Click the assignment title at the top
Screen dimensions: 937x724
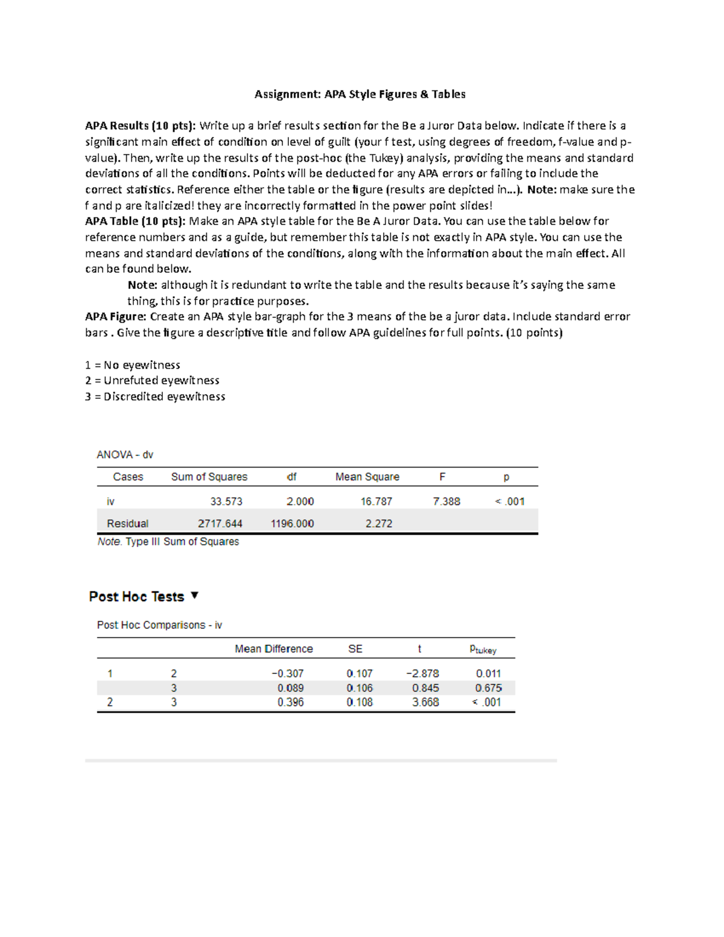coord(360,94)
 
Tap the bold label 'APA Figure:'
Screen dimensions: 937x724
coord(116,317)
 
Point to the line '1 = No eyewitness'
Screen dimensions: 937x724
coord(133,365)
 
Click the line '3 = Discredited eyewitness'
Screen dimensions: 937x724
coord(155,396)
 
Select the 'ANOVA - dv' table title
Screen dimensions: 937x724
coord(125,455)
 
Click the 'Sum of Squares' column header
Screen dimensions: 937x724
coord(209,477)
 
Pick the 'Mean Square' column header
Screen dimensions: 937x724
coord(367,477)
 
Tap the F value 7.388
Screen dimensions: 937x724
coord(446,501)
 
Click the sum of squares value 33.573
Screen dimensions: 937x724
coord(226,501)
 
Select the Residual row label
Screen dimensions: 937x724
coord(127,524)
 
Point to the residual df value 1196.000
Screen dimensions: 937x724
coord(292,524)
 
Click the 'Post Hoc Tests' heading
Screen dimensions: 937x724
coord(136,597)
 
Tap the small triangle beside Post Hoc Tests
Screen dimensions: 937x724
coord(194,596)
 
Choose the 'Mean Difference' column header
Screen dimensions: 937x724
coord(273,649)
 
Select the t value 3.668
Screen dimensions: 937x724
coord(425,702)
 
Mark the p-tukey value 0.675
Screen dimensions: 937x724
coord(488,688)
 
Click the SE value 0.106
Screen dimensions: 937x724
coord(360,688)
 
